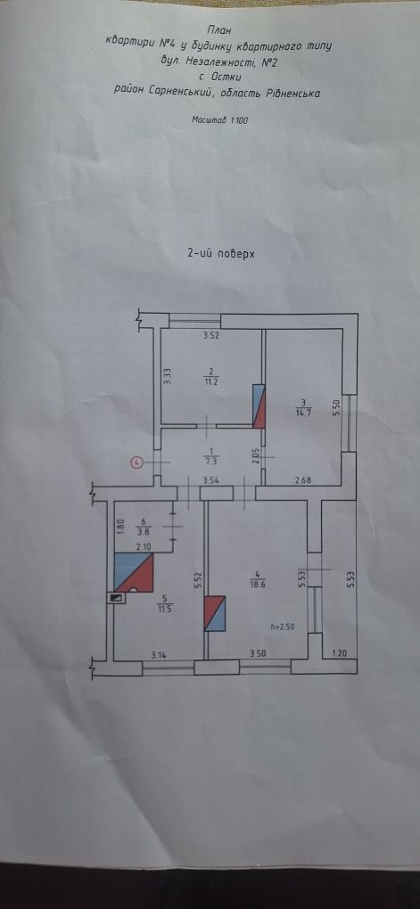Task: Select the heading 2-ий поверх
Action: click(x=221, y=253)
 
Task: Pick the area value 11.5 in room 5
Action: click(x=163, y=608)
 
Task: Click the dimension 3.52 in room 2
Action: click(x=210, y=334)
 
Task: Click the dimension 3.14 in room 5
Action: click(x=159, y=656)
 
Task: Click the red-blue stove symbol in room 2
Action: click(x=259, y=405)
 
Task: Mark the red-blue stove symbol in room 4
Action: click(x=215, y=613)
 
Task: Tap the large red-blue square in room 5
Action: click(x=134, y=572)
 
